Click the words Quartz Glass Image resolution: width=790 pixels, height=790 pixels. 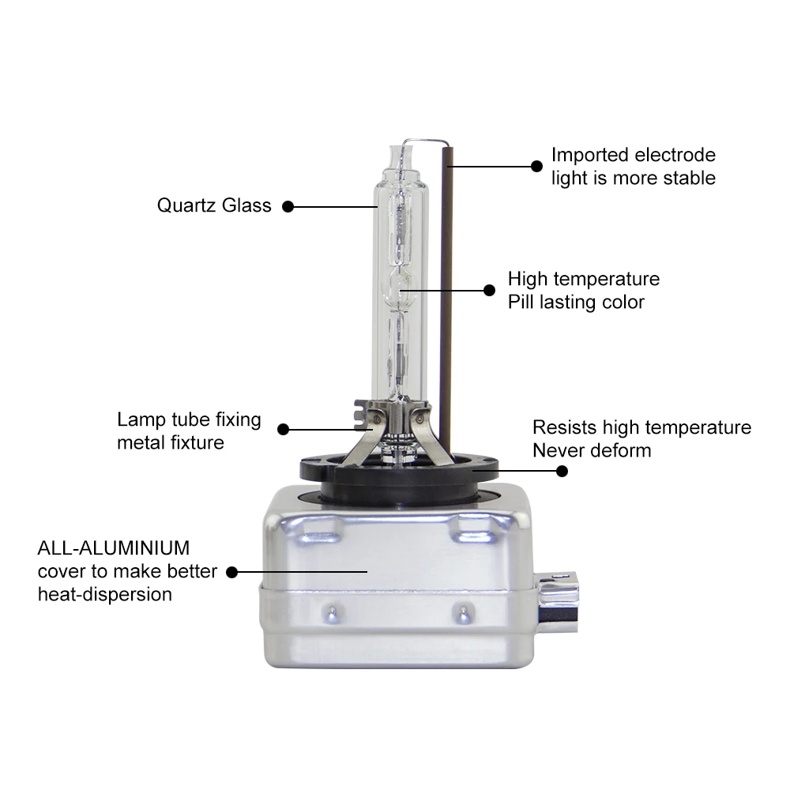[214, 206]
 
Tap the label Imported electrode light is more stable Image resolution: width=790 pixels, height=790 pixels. [633, 167]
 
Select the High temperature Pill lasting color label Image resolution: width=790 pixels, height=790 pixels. [583, 291]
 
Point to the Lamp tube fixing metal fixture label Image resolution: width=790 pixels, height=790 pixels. [189, 431]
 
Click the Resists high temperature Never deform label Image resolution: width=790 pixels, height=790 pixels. [641, 439]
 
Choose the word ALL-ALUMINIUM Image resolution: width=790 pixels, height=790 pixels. [114, 548]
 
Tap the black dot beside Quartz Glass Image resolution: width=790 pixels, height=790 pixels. [288, 206]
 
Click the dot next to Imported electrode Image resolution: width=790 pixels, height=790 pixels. [536, 167]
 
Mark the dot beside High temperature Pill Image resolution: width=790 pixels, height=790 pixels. [489, 290]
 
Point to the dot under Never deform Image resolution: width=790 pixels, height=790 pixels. [562, 471]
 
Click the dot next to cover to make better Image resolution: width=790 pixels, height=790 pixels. [232, 571]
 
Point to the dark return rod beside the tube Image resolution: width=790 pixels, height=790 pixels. [447, 300]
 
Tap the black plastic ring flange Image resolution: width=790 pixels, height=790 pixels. [399, 474]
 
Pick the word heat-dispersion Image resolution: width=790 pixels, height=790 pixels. [105, 594]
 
